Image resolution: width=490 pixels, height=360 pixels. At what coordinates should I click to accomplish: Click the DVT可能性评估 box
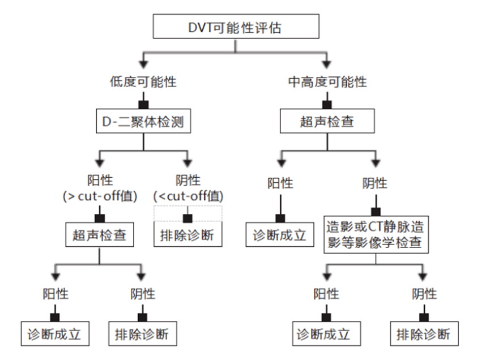coord(236,27)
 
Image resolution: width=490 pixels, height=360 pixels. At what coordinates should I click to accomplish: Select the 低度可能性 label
coord(143,82)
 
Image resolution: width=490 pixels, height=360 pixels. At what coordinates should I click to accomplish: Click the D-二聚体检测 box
coord(143,122)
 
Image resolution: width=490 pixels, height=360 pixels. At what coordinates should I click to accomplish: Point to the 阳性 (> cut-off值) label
coord(99,188)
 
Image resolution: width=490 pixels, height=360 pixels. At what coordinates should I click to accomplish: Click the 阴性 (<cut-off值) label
coord(188,188)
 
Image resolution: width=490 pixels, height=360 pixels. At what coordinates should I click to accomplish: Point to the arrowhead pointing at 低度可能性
coord(143,62)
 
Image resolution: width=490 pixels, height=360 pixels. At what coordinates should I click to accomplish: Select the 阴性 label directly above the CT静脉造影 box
coord(374,183)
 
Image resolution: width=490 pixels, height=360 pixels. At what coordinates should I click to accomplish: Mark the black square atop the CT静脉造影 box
coord(374,211)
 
